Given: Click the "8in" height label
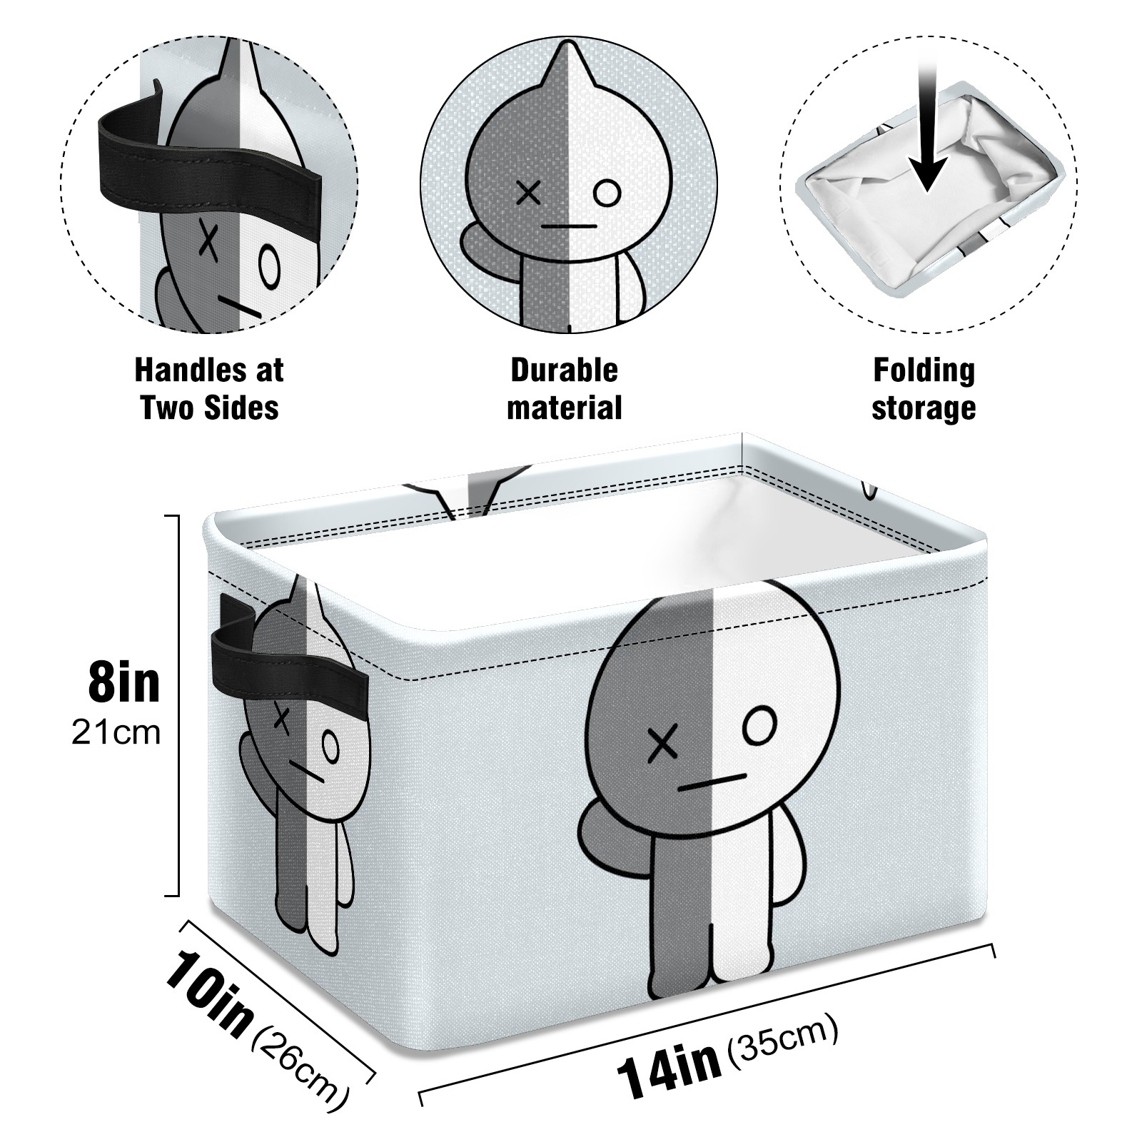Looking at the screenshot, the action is (x=124, y=682).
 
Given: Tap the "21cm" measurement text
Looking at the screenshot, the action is (x=116, y=733).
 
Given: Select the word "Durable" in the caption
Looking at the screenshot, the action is (x=564, y=370).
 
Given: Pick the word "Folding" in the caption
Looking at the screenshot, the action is (x=924, y=370).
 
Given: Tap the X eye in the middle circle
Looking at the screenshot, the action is (x=528, y=193).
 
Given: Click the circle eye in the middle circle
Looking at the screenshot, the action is (x=607, y=193).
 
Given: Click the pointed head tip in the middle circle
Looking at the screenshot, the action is (x=570, y=43).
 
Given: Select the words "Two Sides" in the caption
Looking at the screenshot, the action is (x=209, y=408).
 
